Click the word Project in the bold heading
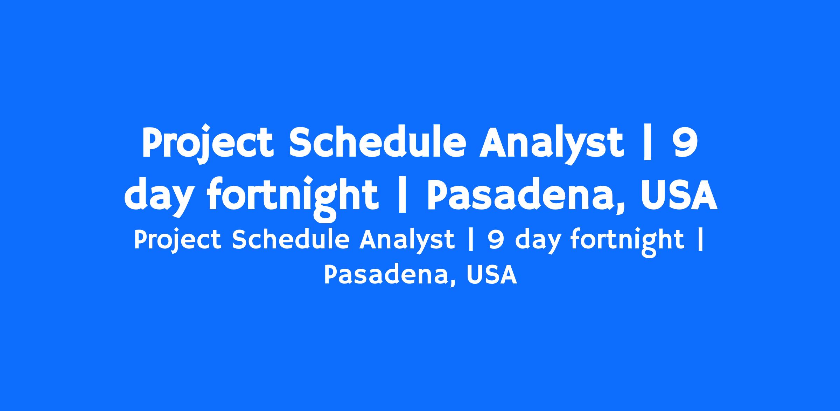(x=207, y=143)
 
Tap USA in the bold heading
(x=679, y=194)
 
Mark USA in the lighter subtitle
(x=492, y=274)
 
